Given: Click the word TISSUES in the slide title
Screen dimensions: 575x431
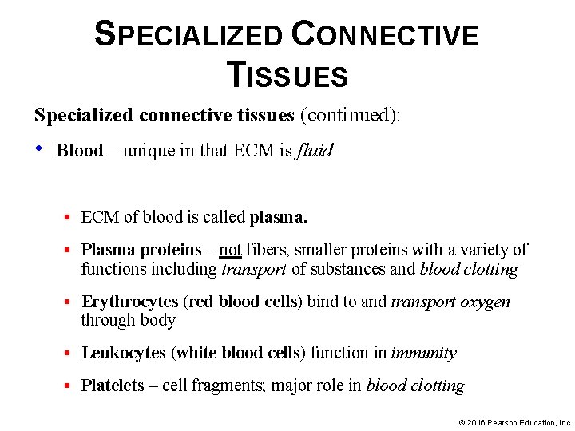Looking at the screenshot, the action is pyautogui.click(x=287, y=75).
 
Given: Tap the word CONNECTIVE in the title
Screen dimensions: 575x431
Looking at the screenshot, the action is pyautogui.click(x=386, y=35).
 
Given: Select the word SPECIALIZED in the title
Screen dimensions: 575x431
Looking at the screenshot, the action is pyautogui.click(x=188, y=35).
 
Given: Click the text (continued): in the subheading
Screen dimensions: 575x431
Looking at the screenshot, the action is pyautogui.click(x=350, y=115).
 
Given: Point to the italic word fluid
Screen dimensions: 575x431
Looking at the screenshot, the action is pyautogui.click(x=314, y=151).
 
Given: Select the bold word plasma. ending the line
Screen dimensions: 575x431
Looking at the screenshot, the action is pyautogui.click(x=278, y=216).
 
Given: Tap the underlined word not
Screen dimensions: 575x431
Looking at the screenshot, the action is pyautogui.click(x=230, y=251).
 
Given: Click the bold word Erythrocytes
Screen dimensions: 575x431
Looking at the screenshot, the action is pyautogui.click(x=130, y=302).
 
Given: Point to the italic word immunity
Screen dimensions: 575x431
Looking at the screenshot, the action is pyautogui.click(x=424, y=353).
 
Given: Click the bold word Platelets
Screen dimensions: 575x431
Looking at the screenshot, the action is pyautogui.click(x=113, y=386).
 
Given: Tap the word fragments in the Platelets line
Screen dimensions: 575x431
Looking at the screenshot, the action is pyautogui.click(x=225, y=386).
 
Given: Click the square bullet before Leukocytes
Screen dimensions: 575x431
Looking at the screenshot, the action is pyautogui.click(x=69, y=353).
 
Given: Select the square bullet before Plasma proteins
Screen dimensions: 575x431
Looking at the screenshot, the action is pyautogui.click(x=69, y=251).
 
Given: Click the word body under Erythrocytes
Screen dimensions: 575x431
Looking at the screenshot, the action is pyautogui.click(x=159, y=320).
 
